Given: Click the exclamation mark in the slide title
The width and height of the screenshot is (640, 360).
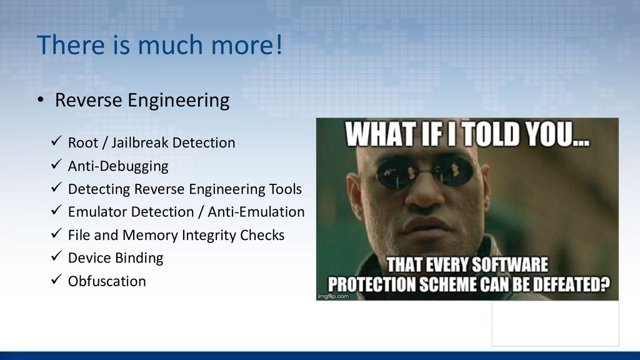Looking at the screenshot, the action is point(279,44).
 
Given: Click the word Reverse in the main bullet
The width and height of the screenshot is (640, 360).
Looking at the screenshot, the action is point(89,100).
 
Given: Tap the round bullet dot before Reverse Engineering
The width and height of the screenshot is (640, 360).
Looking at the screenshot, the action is point(41,99).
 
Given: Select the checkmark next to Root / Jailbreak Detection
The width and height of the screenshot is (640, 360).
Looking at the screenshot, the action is point(56,141).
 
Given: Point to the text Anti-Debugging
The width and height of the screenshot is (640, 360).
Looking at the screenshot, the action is point(118,166).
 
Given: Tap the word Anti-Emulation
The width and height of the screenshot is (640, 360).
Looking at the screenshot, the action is point(256,212).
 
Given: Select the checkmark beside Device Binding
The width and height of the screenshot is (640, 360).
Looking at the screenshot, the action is point(56,256).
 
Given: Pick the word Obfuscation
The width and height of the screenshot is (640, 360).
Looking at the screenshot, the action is point(107,281).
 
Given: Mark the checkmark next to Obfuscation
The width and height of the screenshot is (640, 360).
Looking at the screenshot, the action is point(56,279).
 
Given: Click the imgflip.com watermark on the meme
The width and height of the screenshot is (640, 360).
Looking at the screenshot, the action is point(333,296).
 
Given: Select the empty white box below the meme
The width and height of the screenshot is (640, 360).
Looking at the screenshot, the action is point(555,324).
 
